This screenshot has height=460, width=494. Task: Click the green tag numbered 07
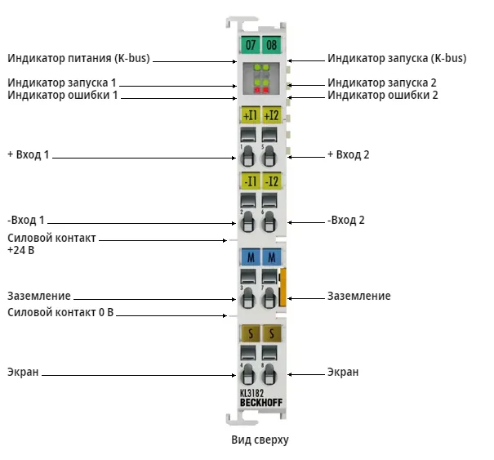tap(251, 45)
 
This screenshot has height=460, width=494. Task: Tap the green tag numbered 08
tap(272, 45)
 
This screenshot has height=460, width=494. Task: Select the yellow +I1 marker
tap(251, 115)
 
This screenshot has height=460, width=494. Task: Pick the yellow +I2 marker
tap(272, 115)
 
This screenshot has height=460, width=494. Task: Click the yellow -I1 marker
tap(251, 181)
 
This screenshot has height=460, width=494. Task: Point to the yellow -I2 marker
tap(272, 181)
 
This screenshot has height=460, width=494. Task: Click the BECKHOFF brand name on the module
tap(261, 403)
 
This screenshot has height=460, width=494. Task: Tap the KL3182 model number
tap(251, 393)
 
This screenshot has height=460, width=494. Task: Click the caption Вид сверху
tap(260, 440)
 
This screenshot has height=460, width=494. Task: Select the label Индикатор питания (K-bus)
tap(78, 58)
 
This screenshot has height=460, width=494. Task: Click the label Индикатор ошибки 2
tap(383, 95)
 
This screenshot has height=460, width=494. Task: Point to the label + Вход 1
tap(29, 154)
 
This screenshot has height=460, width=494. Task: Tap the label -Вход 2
tap(346, 220)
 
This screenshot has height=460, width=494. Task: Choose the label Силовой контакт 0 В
tap(60, 312)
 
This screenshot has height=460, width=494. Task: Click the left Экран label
tap(23, 372)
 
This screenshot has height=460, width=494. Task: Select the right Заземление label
tap(359, 296)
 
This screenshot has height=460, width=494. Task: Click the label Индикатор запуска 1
tap(62, 83)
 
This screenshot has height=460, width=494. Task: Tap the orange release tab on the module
tap(283, 288)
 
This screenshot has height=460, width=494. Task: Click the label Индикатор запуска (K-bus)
tap(397, 58)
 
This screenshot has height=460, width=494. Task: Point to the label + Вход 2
tap(349, 154)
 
